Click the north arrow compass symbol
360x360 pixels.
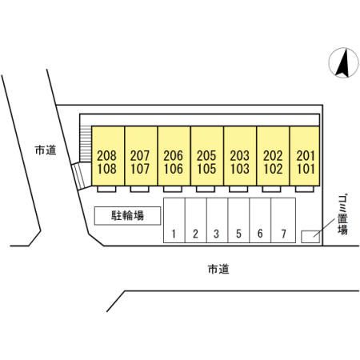pos(343,62)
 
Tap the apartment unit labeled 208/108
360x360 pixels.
pos(108,156)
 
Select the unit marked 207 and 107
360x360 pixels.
pos(141,156)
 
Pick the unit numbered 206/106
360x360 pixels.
pos(174,156)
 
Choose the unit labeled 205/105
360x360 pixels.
pos(207,156)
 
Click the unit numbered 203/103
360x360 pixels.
pos(240,156)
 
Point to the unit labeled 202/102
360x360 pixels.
pos(273,156)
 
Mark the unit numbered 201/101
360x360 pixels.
pos(305,156)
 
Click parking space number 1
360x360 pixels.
pos(174,220)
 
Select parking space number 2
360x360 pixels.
pos(196,220)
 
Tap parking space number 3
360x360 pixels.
pos(218,220)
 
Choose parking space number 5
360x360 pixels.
pos(238,220)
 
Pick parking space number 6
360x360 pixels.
pos(260,220)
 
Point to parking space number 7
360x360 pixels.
pos(283,220)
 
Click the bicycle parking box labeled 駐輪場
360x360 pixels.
pos(127,216)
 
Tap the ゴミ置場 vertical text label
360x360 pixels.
pos(342,215)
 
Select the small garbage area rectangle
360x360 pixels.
pos(310,237)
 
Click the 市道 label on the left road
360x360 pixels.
pos(46,150)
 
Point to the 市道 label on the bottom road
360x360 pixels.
pos(218,269)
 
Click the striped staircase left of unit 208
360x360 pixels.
pos(86,144)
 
